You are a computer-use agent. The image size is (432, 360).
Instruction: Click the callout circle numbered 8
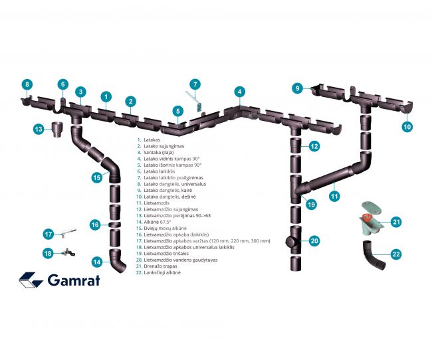[x=27, y=84]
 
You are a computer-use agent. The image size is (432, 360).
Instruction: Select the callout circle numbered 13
[x=38, y=129]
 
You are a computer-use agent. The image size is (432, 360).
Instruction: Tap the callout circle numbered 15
[x=96, y=177]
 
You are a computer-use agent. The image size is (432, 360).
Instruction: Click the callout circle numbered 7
[x=195, y=84]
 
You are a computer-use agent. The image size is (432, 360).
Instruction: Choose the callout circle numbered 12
[x=314, y=146]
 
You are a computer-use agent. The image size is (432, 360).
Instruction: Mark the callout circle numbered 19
[x=310, y=205]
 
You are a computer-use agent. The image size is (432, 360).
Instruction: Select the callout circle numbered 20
[x=314, y=241]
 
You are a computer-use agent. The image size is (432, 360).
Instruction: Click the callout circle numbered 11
[x=334, y=196]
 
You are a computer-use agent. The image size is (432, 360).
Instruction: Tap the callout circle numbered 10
[x=407, y=125]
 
